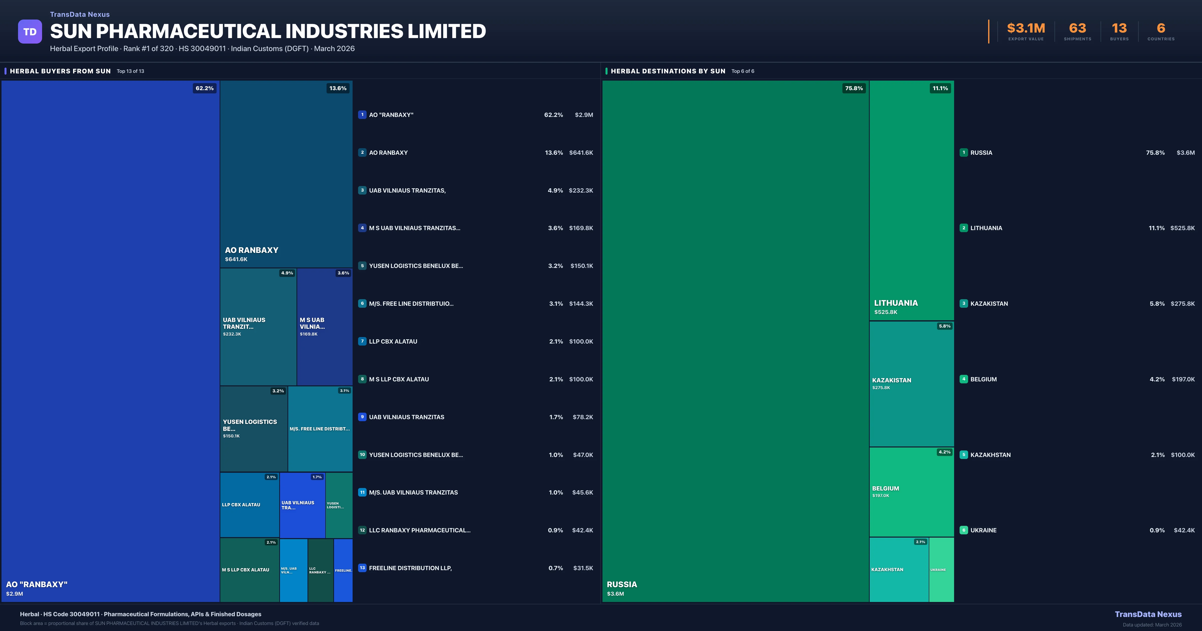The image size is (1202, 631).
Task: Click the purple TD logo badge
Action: click(x=30, y=32)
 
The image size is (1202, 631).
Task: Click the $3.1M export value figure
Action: click(x=1026, y=29)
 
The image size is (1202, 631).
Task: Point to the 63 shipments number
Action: click(x=1077, y=29)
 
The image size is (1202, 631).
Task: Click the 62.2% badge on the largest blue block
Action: click(x=204, y=88)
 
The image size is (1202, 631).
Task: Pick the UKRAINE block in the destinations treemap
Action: click(x=941, y=569)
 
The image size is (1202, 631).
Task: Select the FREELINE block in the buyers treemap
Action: click(x=343, y=570)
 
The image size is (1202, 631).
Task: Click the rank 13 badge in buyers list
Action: click(x=362, y=568)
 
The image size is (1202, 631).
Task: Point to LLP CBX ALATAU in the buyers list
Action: click(x=393, y=342)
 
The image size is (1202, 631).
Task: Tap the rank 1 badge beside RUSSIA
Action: click(x=964, y=152)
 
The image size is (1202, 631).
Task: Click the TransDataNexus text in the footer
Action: click(x=1148, y=614)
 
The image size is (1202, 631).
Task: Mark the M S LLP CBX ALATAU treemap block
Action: click(x=249, y=570)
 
